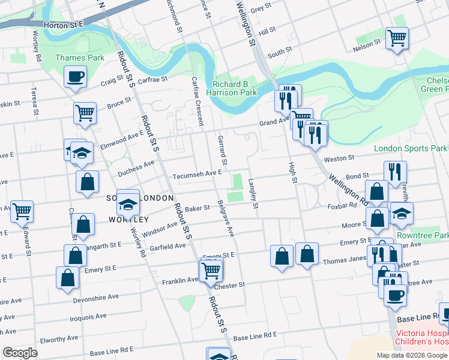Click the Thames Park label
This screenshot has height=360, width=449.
[x=80, y=58]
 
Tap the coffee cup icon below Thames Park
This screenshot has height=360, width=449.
[x=76, y=77]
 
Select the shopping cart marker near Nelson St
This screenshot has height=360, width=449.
[x=397, y=38]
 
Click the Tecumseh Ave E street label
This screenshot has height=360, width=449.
[x=197, y=175]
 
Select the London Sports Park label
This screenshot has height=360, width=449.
[x=411, y=148]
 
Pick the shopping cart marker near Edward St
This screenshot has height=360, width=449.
[x=22, y=211]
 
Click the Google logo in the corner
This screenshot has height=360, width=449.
[x=20, y=353]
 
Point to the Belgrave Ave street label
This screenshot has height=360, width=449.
[x=226, y=218]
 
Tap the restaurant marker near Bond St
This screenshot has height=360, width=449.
[x=395, y=172]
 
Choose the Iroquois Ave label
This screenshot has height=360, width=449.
[x=88, y=316]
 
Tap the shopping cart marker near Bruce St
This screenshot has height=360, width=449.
[x=85, y=112]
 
